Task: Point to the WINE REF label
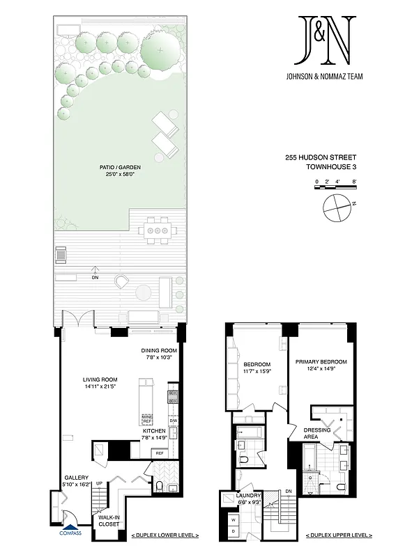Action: (x=147, y=419)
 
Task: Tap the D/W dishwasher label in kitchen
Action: (x=173, y=420)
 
